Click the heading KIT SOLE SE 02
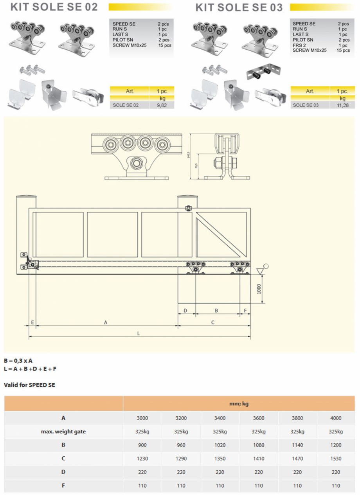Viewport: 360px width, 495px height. pos(54,7)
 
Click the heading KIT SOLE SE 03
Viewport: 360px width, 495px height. pos(239,7)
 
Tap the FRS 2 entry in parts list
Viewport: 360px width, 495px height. pos(299,45)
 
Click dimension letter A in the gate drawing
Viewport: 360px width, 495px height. pos(105,322)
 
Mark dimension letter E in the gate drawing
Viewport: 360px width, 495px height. pos(32,322)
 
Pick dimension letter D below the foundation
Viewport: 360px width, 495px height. pos(185,311)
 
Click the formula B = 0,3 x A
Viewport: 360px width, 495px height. pos(18,360)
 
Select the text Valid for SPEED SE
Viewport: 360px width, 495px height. pos(29,385)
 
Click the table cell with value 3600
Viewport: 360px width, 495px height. pos(258,418)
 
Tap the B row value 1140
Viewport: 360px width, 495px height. pos(297,445)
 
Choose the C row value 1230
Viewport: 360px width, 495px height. pos(142,458)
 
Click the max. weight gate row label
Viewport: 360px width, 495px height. pos(63,432)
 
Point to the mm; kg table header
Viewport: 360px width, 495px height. pos(239,403)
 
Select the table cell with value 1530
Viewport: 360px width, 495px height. pos(336,458)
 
